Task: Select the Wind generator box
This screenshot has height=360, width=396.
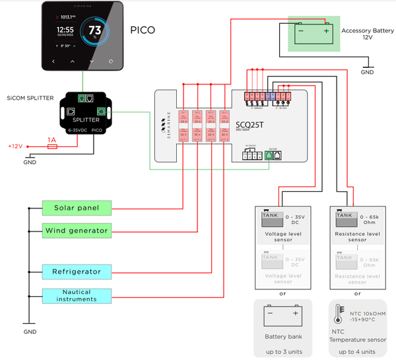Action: pyautogui.click(x=76, y=230)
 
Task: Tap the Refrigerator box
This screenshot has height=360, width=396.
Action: pyautogui.click(x=76, y=272)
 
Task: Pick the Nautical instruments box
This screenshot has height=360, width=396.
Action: pyautogui.click(x=76, y=295)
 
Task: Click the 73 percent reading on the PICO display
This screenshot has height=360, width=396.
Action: pyautogui.click(x=95, y=31)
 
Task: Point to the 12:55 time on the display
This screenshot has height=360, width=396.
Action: pyautogui.click(x=65, y=30)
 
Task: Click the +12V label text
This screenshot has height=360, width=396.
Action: pyautogui.click(x=15, y=146)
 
